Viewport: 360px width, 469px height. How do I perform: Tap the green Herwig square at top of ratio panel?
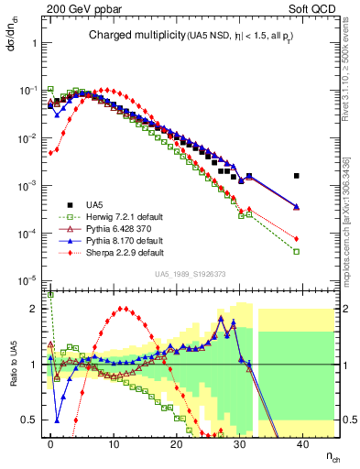pyautogui.click(x=50, y=295)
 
